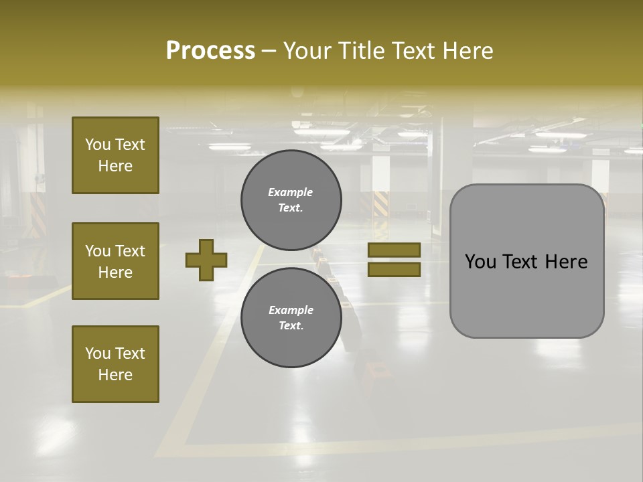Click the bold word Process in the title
(x=210, y=51)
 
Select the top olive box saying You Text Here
(x=115, y=155)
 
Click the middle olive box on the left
(x=115, y=261)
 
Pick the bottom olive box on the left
(x=115, y=364)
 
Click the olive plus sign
(x=206, y=260)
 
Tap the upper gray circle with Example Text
(x=291, y=200)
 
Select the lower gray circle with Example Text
(x=291, y=317)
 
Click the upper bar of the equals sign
(x=394, y=250)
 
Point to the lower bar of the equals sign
(x=394, y=269)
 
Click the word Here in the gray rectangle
(x=567, y=262)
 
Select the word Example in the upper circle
(x=290, y=192)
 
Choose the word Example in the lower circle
(x=291, y=310)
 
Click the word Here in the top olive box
(x=115, y=166)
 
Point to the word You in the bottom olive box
(x=98, y=353)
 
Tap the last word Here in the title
(x=469, y=51)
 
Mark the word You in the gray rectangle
(x=480, y=262)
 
